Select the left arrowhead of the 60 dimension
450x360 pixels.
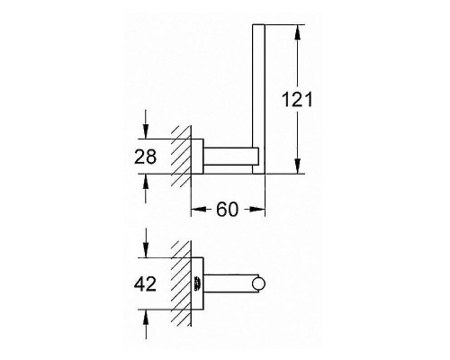click(197, 210)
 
